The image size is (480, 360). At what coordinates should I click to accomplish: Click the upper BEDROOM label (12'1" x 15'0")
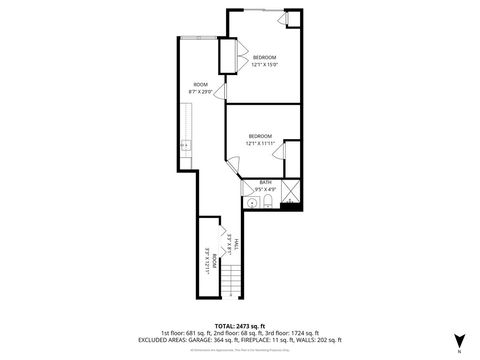click(x=264, y=57)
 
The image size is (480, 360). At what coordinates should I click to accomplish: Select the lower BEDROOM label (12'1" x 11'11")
click(x=260, y=135)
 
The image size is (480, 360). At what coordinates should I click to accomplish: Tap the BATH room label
click(x=265, y=181)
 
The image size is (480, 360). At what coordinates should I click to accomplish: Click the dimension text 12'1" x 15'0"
click(x=264, y=64)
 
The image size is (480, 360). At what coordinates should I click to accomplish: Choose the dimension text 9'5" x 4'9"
click(x=265, y=188)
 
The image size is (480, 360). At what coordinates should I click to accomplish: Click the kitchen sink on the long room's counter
click(x=184, y=146)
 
